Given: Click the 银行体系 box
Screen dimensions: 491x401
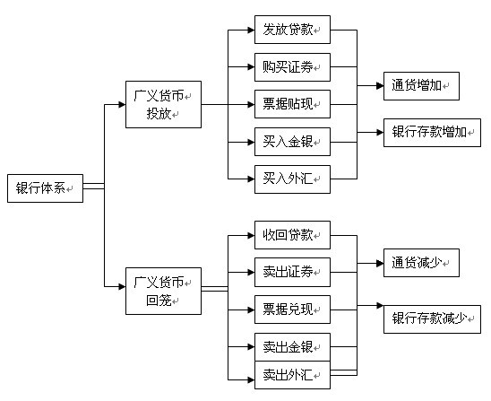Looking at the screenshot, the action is [x=45, y=188].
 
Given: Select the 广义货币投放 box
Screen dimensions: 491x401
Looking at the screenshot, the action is [x=163, y=104].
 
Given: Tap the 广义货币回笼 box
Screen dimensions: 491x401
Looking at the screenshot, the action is [x=163, y=291].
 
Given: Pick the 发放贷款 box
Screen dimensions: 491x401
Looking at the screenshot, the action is [x=292, y=30].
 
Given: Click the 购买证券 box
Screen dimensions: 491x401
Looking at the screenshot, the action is [x=292, y=67].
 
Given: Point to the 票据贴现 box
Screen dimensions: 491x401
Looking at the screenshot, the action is [x=292, y=104].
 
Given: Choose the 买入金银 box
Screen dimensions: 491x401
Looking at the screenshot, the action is [x=292, y=142].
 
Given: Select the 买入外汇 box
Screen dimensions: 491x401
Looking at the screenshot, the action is [x=292, y=179].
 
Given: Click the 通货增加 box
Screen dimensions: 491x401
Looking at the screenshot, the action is [x=421, y=86].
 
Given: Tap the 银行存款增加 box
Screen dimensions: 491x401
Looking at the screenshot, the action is [x=432, y=133].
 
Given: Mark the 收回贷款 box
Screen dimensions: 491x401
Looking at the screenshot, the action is [x=292, y=235].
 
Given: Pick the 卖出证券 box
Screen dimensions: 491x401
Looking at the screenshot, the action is [x=292, y=272].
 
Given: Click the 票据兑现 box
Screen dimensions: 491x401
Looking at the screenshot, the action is [x=292, y=309].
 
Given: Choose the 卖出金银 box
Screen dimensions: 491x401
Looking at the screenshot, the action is [x=292, y=347].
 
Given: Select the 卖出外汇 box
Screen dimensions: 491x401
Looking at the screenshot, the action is [x=292, y=375].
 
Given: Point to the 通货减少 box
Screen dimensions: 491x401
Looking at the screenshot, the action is [x=421, y=263].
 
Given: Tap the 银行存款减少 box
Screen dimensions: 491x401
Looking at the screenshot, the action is [x=432, y=319].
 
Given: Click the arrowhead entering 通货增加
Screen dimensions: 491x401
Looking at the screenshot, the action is [x=380, y=85].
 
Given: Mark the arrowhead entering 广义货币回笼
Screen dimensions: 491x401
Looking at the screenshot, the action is [x=122, y=286].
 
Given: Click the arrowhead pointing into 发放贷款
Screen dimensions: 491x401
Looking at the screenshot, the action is [x=251, y=31].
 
